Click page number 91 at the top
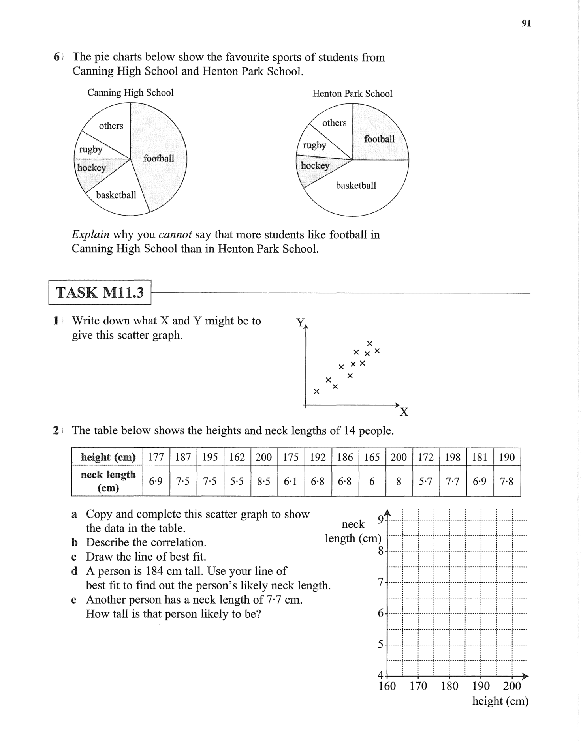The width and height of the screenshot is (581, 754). [526, 23]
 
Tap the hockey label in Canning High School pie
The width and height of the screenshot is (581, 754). [92, 168]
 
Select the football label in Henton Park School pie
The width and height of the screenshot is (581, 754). [379, 139]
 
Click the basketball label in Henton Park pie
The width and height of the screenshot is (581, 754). [356, 185]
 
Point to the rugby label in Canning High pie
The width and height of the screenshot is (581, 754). [90, 149]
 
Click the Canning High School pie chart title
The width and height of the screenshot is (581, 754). [130, 93]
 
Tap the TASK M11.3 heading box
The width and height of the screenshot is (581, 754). [100, 293]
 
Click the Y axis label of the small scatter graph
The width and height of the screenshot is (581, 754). [301, 323]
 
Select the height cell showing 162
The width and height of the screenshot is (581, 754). [237, 457]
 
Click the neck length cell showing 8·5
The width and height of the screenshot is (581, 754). [263, 482]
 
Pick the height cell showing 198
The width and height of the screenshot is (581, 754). [453, 457]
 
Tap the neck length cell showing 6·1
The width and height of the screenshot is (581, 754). [291, 482]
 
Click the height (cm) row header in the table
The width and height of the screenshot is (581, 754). [108, 457]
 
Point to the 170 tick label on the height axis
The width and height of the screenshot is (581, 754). [418, 686]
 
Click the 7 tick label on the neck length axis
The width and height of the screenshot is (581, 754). [381, 582]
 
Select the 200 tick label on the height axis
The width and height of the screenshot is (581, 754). [512, 686]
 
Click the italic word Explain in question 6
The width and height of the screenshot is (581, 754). [90, 235]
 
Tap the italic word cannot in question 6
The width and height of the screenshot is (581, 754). [175, 235]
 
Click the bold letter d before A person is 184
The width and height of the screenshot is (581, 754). [74, 571]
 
